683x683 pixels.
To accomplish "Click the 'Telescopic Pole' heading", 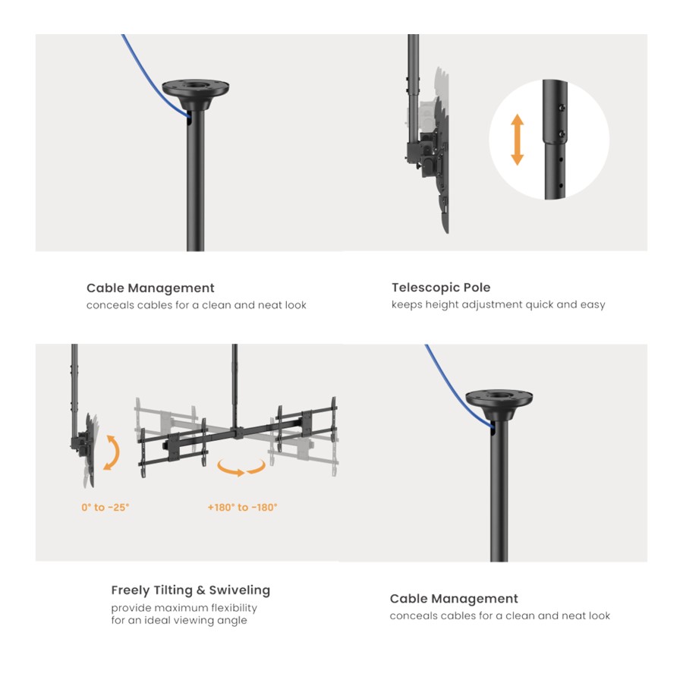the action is tap(441, 288).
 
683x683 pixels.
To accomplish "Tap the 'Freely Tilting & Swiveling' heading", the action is tap(190, 590).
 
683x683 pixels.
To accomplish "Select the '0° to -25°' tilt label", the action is tap(105, 508).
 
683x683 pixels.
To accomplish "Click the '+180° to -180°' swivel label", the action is tap(242, 508).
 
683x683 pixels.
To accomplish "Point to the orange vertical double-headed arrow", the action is tap(517, 140).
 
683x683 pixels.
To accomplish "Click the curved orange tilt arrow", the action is tap(116, 452).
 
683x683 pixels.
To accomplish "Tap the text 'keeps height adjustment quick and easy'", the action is tap(499, 305).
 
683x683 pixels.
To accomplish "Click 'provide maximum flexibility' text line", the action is tap(184, 608).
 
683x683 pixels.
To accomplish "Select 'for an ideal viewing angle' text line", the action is tap(179, 620).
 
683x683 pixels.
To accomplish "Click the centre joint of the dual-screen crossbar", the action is tap(238, 433).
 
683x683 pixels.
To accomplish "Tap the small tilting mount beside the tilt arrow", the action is tap(85, 449).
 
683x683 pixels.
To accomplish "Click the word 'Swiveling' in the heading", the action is tap(240, 590).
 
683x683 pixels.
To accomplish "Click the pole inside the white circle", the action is tap(555, 140).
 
